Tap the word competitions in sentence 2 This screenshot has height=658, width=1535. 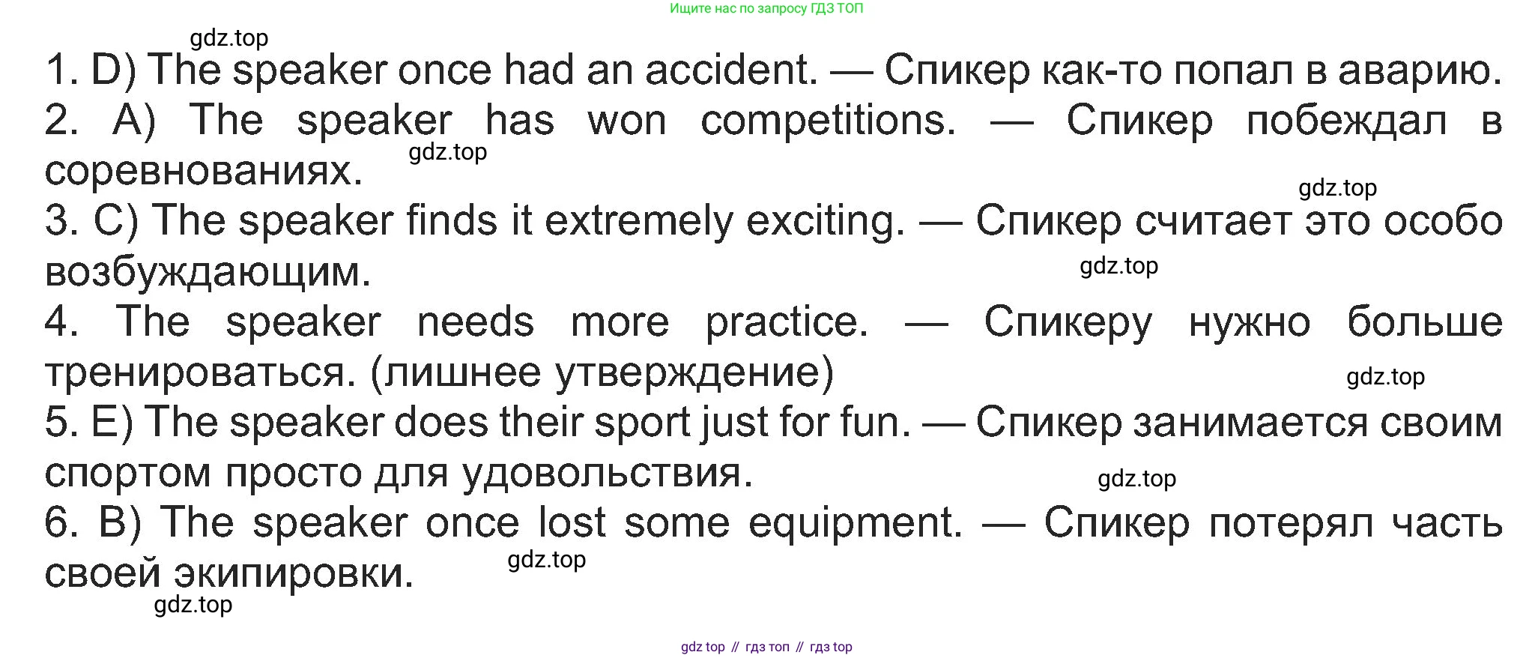click(x=829, y=120)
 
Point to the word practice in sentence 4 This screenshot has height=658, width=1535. click(x=787, y=322)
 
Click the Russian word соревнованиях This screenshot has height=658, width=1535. click(x=204, y=171)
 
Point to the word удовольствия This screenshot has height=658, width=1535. click(x=608, y=473)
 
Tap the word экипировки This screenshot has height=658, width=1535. click(x=294, y=574)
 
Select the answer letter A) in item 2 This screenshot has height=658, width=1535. click(x=134, y=120)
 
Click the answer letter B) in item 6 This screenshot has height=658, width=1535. click(x=121, y=522)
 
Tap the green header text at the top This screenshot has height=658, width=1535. click(x=766, y=9)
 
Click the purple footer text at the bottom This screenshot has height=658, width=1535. click(x=766, y=647)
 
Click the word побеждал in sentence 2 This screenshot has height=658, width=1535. click(x=1347, y=121)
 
